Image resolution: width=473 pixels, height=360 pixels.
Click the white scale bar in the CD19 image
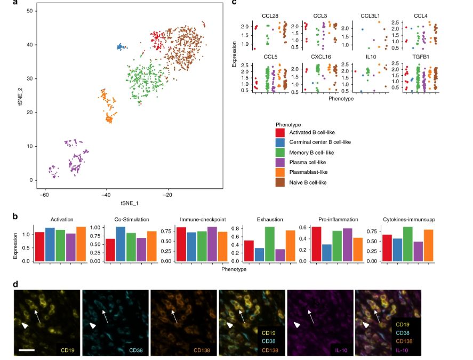tap(27, 350)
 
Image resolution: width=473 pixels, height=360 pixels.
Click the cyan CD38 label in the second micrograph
tap(137, 350)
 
